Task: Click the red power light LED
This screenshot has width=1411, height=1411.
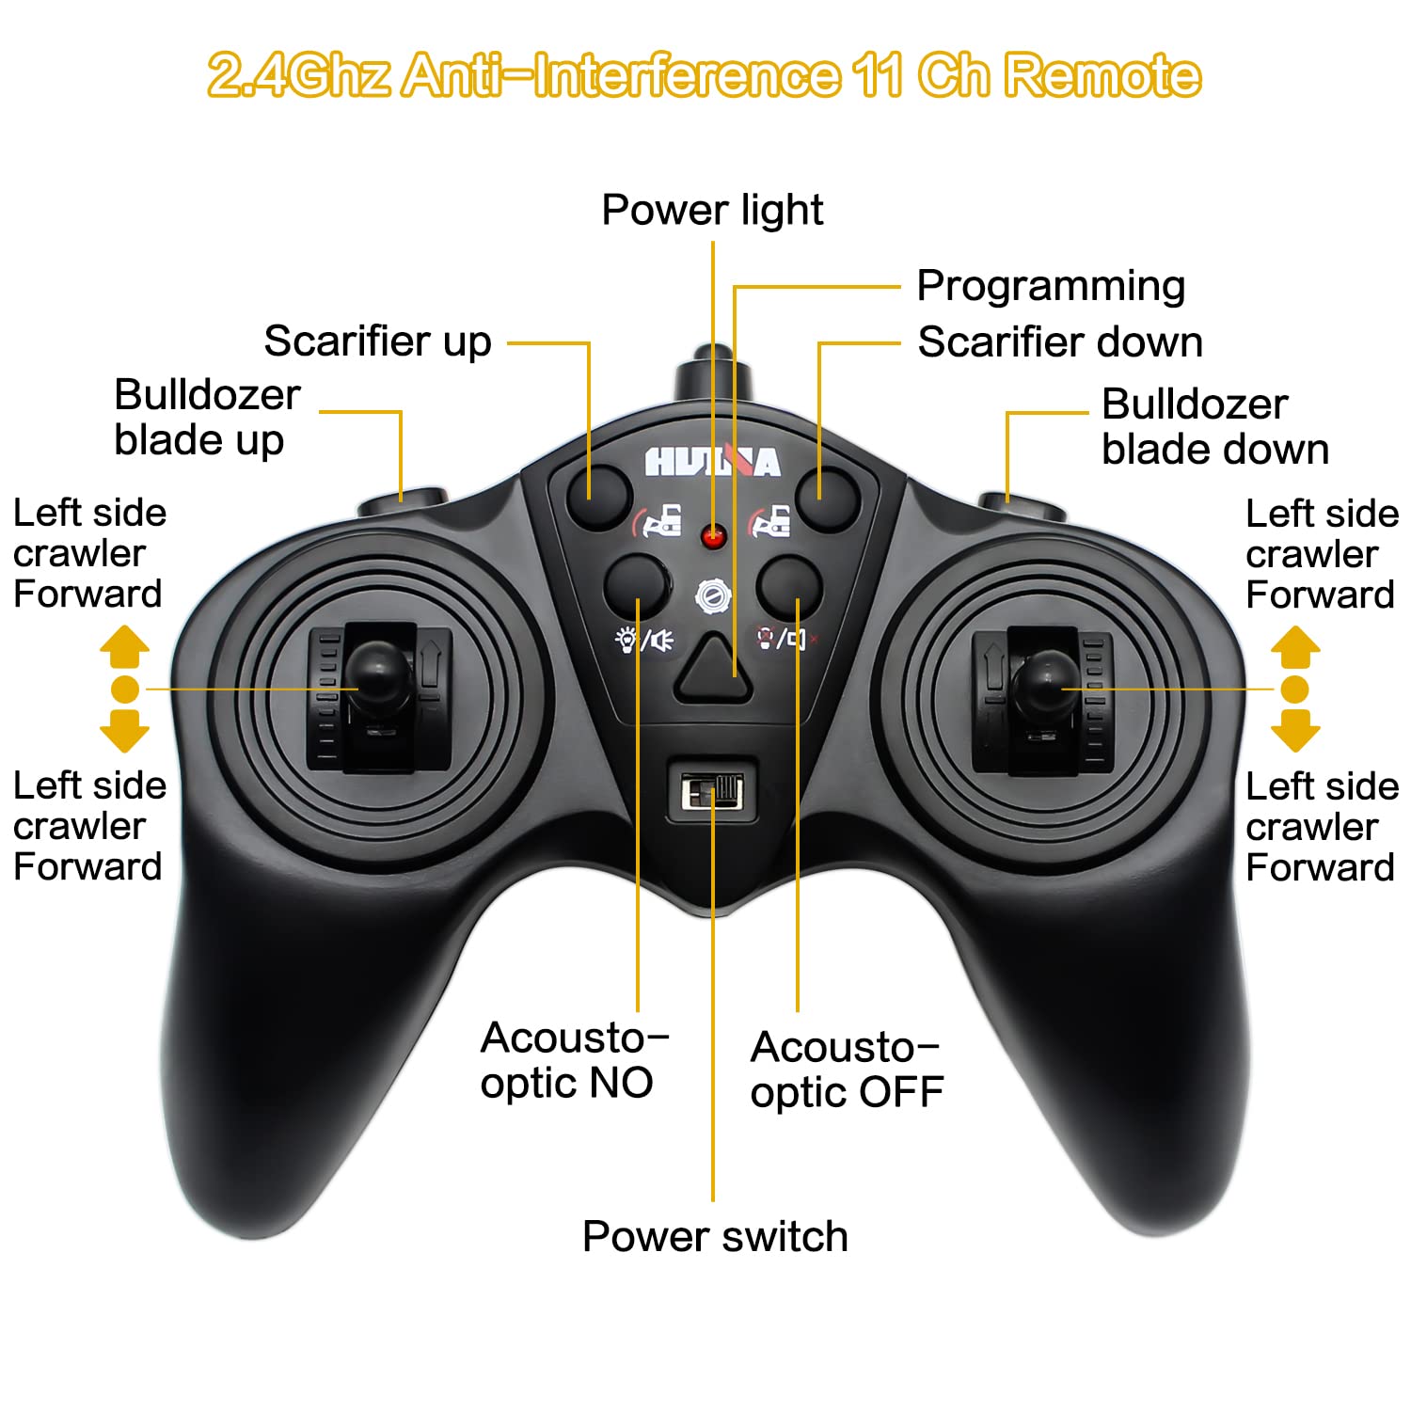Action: click(x=714, y=537)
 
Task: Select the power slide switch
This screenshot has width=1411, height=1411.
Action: click(x=712, y=792)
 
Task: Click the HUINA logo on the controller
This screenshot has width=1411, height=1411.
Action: click(x=712, y=461)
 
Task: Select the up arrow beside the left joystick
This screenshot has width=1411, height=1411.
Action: click(x=125, y=646)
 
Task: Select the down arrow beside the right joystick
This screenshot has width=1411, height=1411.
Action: click(x=1295, y=731)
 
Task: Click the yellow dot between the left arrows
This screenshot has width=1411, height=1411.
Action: click(x=125, y=690)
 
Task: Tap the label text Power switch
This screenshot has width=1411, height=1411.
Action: click(x=715, y=1237)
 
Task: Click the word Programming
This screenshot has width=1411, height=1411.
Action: click(x=1051, y=287)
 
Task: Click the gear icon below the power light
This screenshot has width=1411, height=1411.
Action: click(x=713, y=596)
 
